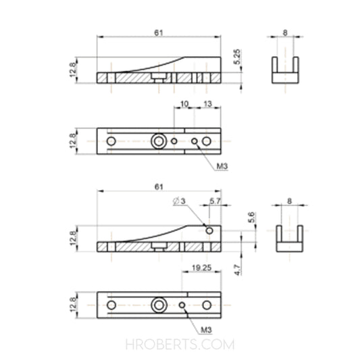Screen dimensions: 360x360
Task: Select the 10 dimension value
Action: pos(184,103)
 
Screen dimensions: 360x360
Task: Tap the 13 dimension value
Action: pos(207,103)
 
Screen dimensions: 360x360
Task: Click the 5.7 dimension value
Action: pos(215,201)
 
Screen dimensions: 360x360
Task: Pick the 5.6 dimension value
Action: pos(252,217)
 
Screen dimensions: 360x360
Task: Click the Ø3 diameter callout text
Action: pos(179,201)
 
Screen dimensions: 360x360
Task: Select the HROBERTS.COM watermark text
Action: pos(180,344)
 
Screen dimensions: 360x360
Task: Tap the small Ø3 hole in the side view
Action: pos(209,230)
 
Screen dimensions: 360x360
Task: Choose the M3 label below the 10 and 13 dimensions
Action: pos(220,166)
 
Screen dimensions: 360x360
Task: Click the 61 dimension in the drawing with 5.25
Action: pos(159,32)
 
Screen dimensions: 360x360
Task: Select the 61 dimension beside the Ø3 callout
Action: pos(159,186)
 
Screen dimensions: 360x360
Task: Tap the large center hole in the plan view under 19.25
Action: pos(159,305)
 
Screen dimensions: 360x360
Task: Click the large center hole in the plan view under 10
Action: pos(159,141)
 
